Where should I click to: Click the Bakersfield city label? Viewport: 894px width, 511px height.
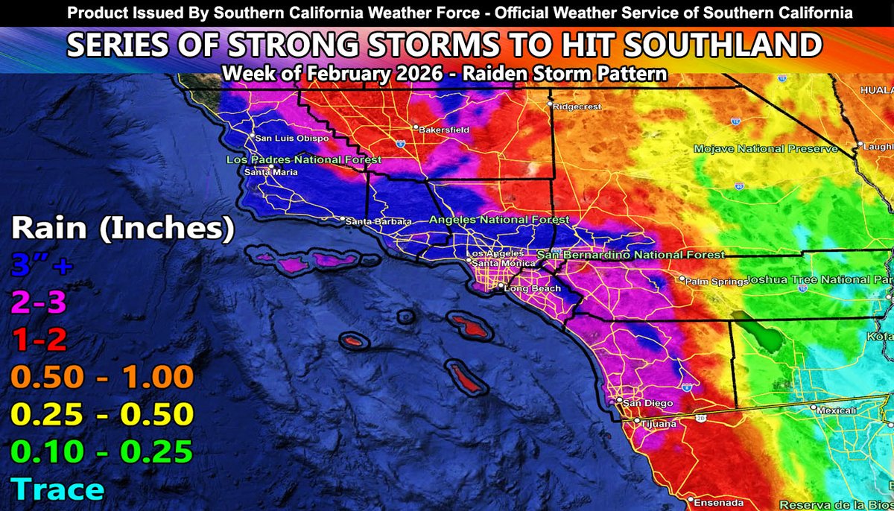point(444,130)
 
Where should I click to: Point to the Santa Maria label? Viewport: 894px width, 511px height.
point(271,173)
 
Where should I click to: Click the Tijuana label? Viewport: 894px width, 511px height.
point(658,424)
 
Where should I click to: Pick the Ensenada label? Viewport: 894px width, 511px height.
point(714,501)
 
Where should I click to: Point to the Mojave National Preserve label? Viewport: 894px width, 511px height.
point(766,149)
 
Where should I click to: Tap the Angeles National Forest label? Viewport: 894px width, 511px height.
point(500,220)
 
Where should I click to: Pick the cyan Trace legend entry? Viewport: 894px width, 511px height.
point(58,489)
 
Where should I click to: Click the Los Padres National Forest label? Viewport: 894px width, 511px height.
point(304,159)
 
